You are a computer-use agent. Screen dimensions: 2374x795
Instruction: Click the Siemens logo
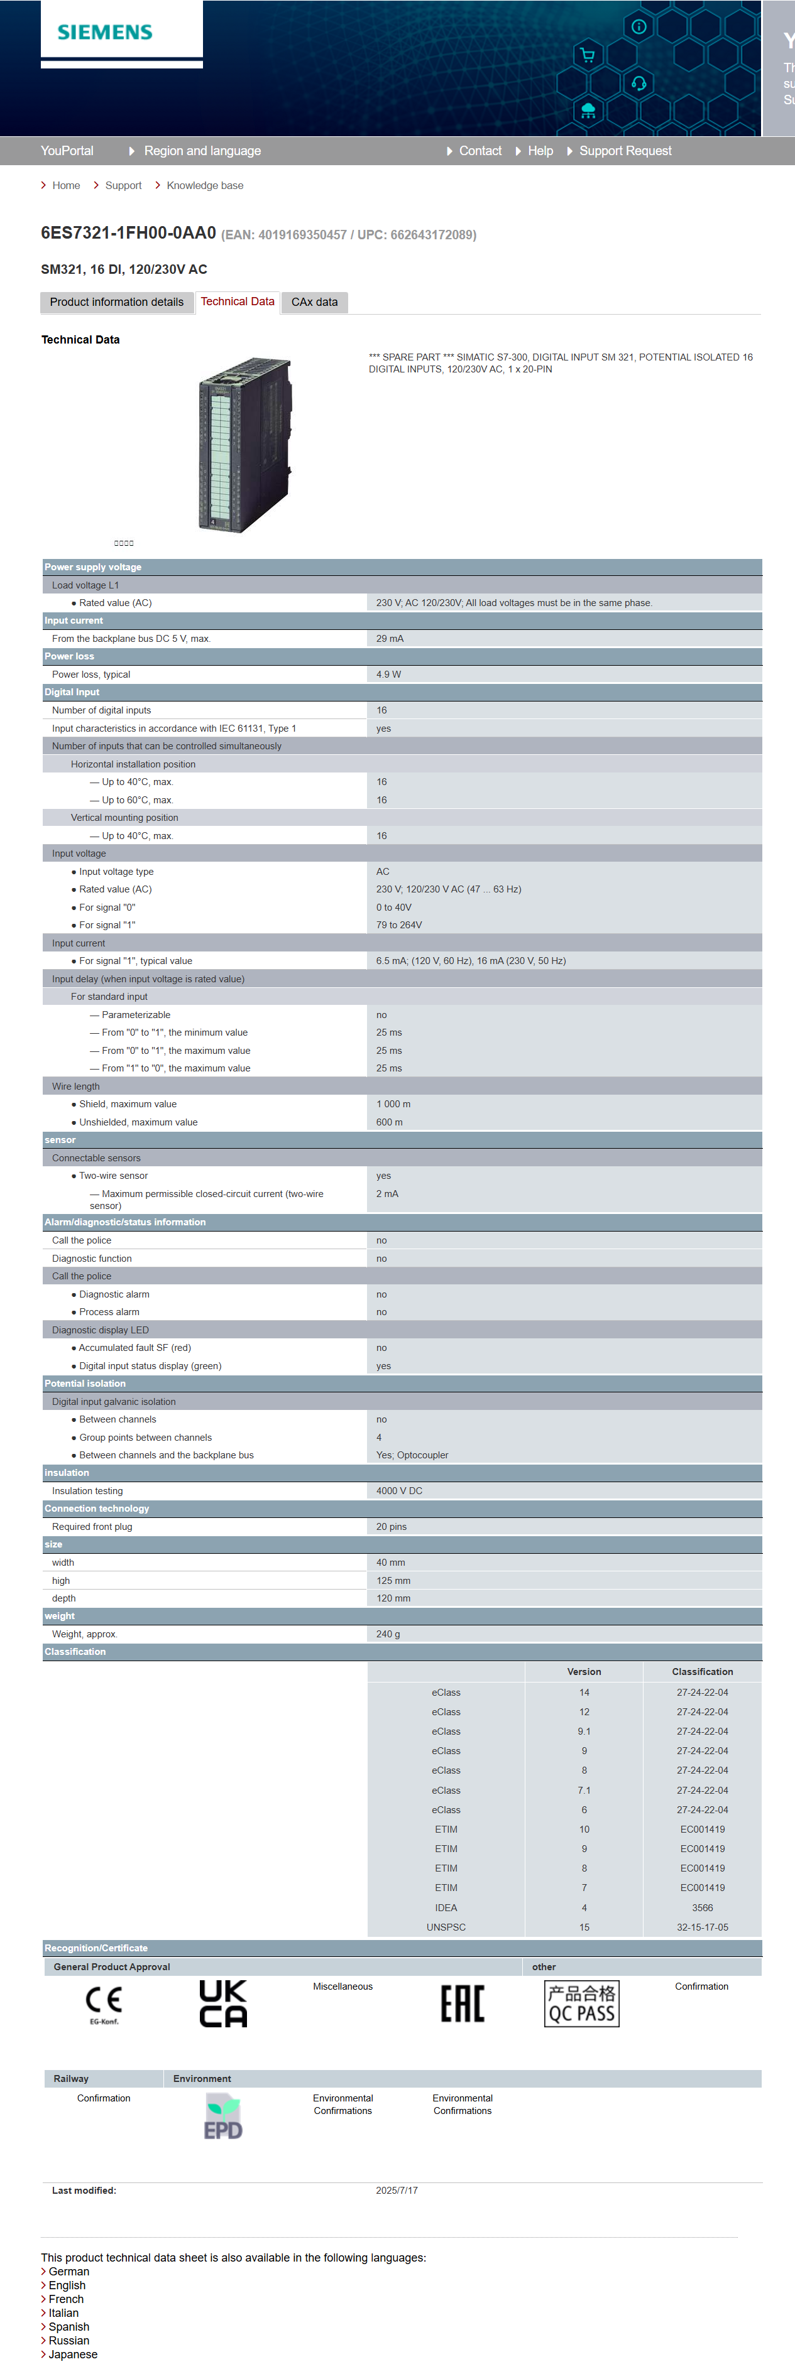coord(105,32)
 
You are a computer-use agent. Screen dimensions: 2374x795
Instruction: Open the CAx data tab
coord(314,302)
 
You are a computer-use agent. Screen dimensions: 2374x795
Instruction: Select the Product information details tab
coord(116,302)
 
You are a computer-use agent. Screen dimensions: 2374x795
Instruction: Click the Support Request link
coord(625,151)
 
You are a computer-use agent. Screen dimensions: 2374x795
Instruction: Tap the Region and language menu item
coord(202,151)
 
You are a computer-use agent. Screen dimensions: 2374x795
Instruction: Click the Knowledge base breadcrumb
coord(205,185)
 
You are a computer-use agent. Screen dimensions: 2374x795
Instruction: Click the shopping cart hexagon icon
coord(588,55)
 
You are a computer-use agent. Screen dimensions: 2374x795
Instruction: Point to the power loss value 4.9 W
coord(388,675)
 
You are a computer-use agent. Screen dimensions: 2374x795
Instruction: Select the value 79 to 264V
coord(398,925)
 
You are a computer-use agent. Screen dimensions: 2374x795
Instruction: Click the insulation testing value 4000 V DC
coord(398,1491)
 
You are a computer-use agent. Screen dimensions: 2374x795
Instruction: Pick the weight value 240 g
coord(387,1634)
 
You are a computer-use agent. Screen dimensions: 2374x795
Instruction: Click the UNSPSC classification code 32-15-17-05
coord(702,1927)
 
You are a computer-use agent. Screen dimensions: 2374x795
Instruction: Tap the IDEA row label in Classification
coord(446,1908)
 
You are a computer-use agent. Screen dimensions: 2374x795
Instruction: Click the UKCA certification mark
coord(223,2003)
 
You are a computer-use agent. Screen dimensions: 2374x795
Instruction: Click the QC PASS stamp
coord(582,2003)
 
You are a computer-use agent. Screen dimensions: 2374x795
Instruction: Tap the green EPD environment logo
coord(223,2117)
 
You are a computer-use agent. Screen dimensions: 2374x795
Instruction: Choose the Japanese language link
coord(73,2354)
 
